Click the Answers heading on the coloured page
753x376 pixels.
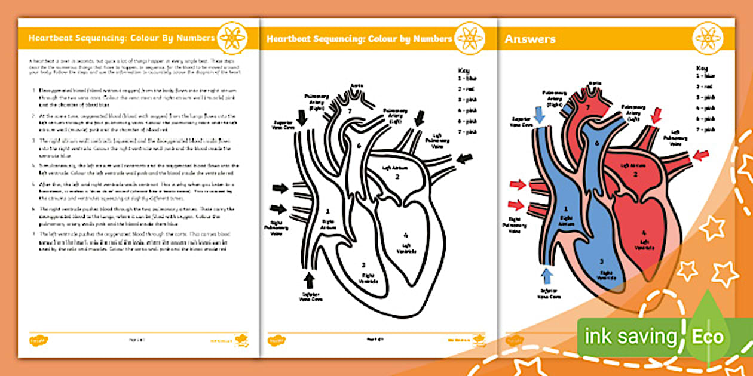pos(530,39)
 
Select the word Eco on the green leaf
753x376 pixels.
pos(708,337)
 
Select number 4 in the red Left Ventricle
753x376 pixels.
pos(645,233)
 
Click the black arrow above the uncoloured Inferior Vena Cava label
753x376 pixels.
pos(309,279)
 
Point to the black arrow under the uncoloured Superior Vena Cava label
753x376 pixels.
pos(302,118)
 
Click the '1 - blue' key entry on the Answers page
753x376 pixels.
pos(706,76)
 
